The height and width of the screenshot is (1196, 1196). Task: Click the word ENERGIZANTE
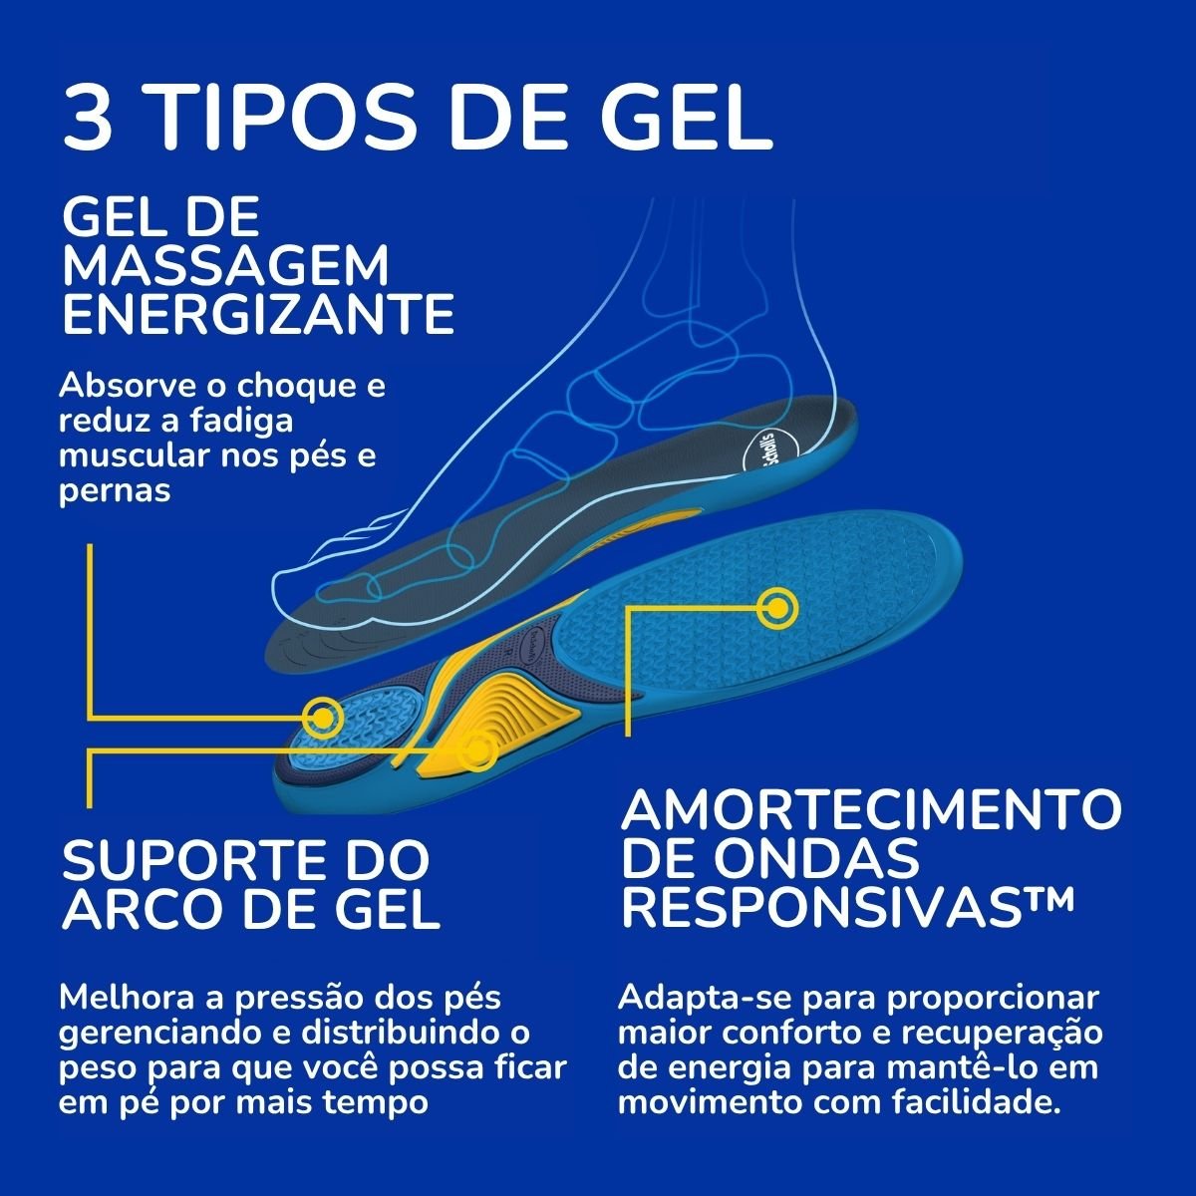pyautogui.click(x=257, y=313)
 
